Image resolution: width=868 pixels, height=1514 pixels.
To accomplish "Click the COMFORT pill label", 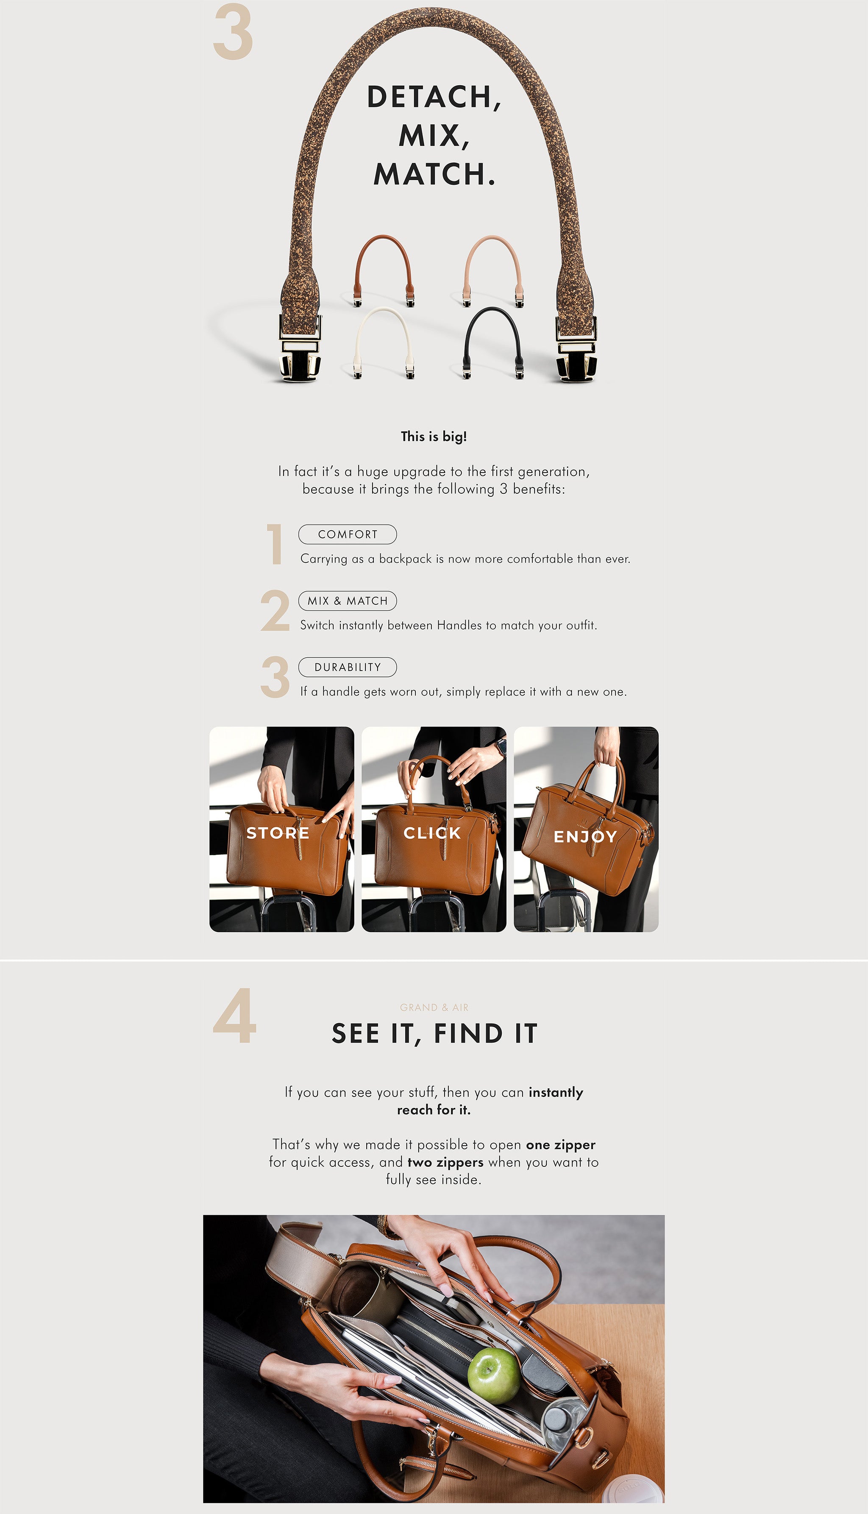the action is pyautogui.click(x=348, y=534).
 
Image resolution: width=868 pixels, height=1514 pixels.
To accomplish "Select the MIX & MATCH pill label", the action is pyautogui.click(x=348, y=601).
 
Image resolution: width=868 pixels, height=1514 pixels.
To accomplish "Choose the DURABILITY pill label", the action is pyautogui.click(x=348, y=667).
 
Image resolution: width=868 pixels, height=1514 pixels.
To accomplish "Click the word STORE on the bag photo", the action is pyautogui.click(x=278, y=833).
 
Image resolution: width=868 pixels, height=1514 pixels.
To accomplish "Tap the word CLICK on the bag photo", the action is pyautogui.click(x=432, y=833).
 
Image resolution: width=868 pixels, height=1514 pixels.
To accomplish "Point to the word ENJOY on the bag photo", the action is pyautogui.click(x=585, y=836).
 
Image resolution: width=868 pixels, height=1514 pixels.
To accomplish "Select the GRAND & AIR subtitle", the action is pyautogui.click(x=434, y=1007).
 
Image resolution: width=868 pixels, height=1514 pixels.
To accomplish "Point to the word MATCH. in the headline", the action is pyautogui.click(x=434, y=174).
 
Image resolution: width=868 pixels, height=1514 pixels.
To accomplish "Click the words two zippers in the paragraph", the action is pyautogui.click(x=445, y=1162).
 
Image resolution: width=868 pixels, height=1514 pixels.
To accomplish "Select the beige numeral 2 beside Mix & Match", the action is pyautogui.click(x=275, y=610).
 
